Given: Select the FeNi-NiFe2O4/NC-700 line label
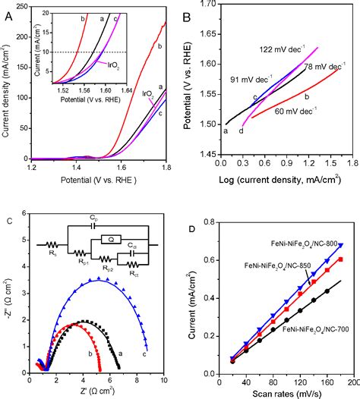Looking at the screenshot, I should coord(314,331).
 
